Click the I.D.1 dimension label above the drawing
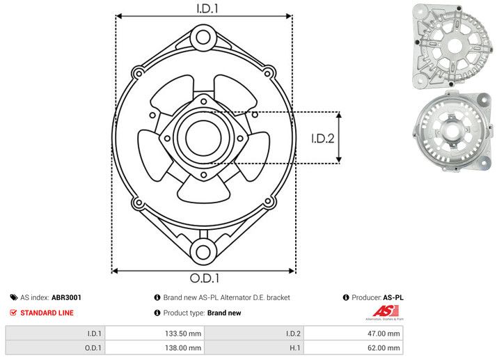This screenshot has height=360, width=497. (207, 8)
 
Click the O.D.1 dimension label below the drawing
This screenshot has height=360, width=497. (205, 278)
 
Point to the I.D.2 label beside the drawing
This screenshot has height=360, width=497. (323, 139)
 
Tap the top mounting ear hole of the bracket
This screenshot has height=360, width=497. (203, 38)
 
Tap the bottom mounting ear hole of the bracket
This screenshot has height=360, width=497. (203, 252)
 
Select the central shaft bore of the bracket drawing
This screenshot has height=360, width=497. (203, 138)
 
